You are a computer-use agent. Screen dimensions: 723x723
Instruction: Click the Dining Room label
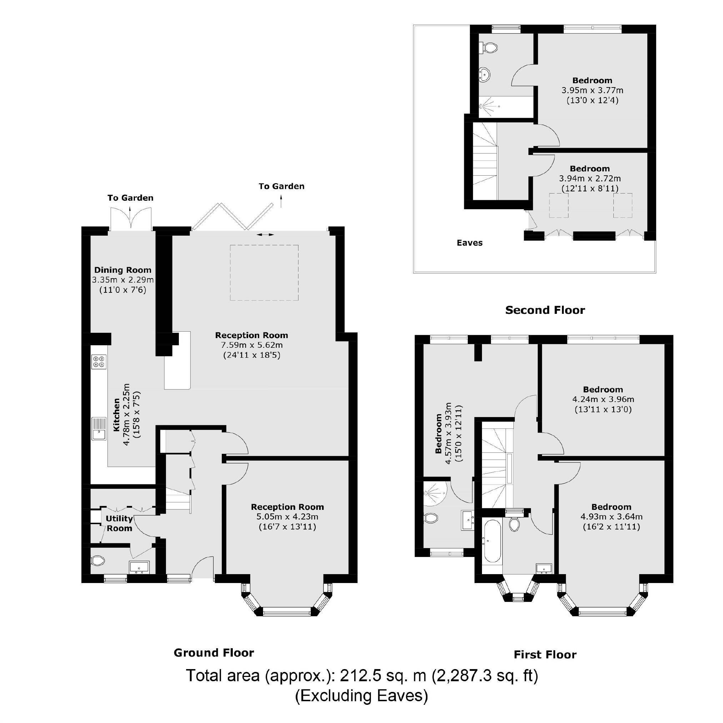123,270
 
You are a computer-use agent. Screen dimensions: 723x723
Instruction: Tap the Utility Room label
119,523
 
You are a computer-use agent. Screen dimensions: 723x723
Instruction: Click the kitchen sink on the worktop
99,430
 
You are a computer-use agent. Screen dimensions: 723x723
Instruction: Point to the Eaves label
469,242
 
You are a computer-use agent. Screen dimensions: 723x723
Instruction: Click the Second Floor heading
544,310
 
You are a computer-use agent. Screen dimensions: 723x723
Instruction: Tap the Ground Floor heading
214,653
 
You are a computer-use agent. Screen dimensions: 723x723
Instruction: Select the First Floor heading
544,654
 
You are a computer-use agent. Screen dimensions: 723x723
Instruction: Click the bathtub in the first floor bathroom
491,541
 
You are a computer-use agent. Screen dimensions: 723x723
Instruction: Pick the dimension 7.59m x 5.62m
251,345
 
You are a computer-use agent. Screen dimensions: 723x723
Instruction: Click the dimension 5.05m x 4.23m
287,517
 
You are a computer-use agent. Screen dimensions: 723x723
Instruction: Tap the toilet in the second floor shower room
489,48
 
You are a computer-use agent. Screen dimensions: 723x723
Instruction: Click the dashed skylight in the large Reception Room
264,272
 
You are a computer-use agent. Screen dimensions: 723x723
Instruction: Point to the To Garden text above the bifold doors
281,186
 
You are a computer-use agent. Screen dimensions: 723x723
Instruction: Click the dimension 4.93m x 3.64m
611,517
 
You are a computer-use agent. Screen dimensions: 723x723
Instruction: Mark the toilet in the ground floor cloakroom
99,560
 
